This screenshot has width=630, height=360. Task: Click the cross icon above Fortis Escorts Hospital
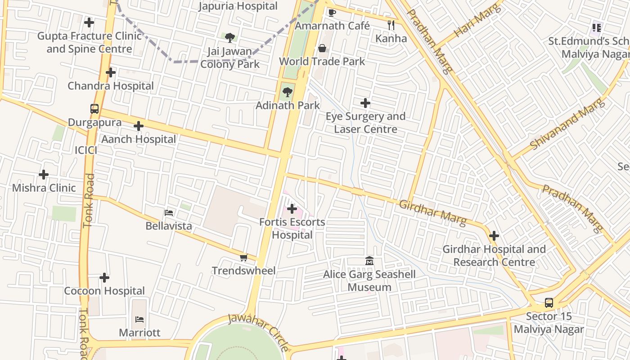pos(292,209)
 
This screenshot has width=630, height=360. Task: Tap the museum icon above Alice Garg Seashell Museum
pos(369,261)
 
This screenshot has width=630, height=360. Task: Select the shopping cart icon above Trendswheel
pos(243,257)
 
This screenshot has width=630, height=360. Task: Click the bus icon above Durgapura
pos(94,109)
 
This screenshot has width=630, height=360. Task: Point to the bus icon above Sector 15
pos(549,303)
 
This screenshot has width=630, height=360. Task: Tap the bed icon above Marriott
pos(139,319)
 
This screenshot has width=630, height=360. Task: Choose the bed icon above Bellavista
pos(169,212)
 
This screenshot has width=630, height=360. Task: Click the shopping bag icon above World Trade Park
pos(322,48)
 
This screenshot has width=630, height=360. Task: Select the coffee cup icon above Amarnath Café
pos(332,13)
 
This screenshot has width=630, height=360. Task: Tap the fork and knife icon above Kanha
pos(391,25)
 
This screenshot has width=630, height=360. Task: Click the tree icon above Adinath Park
pos(287,92)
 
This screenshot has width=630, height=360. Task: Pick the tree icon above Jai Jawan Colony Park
pos(230,37)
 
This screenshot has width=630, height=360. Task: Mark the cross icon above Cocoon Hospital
pos(104,278)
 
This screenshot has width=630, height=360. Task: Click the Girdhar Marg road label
pos(432,213)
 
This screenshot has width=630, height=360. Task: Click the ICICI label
pos(86,150)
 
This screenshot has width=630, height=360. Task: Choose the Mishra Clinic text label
pos(44,188)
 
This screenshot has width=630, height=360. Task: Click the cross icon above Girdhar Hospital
pos(494,236)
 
